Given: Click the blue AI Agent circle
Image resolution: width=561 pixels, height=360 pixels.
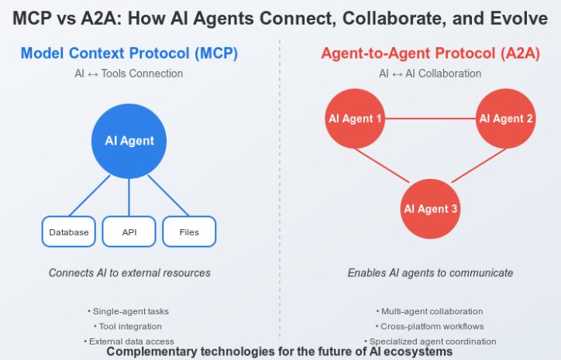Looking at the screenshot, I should (x=129, y=141).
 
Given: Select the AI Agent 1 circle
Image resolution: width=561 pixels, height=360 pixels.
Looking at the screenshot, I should (x=355, y=118).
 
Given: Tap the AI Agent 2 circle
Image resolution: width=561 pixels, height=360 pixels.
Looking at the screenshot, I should (x=506, y=118).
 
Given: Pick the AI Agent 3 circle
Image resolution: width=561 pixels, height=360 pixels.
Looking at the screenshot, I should (x=430, y=209).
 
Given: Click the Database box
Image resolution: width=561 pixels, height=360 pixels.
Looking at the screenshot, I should (x=68, y=231).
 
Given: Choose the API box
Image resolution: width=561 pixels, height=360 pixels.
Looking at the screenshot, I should (x=129, y=231).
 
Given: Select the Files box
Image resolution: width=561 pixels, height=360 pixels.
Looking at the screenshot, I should (x=189, y=231).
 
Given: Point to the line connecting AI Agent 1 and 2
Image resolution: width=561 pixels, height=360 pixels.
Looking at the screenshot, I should (x=430, y=118).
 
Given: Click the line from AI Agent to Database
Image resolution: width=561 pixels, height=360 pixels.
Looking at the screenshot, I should (x=91, y=195).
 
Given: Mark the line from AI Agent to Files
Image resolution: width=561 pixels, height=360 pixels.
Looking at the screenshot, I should (x=168, y=195).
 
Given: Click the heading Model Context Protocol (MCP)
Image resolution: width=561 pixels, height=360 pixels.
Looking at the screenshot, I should (x=129, y=53).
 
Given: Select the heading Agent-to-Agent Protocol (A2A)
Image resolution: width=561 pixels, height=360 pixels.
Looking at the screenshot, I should (x=430, y=53).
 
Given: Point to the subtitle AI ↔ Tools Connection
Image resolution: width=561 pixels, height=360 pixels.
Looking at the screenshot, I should (x=129, y=74).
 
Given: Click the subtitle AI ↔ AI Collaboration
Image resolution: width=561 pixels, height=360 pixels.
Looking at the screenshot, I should (x=430, y=74).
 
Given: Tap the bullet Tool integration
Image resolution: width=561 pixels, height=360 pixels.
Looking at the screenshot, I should (x=129, y=326).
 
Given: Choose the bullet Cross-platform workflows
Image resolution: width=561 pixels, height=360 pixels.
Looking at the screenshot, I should (x=430, y=326).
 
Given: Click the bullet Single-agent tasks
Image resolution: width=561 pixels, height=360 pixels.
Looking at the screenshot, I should (x=129, y=311).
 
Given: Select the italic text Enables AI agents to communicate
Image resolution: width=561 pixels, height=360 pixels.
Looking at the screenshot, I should (x=430, y=273).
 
